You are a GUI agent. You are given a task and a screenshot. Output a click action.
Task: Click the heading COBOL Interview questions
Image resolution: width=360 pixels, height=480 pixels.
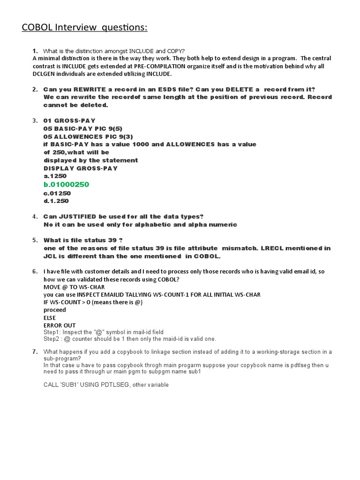tap(84, 28)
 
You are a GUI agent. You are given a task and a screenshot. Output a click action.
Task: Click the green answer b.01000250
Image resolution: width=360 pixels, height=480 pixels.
tap(66, 185)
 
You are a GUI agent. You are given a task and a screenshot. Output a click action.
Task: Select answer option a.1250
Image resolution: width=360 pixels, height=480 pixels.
tap(55, 176)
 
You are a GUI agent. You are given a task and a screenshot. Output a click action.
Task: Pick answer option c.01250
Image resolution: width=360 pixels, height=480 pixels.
tap(57, 193)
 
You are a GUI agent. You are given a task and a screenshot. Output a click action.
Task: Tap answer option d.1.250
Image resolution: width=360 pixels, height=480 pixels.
tap(56, 201)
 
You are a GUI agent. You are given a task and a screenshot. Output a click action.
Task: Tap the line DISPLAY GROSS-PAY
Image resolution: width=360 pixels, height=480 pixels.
tap(81, 168)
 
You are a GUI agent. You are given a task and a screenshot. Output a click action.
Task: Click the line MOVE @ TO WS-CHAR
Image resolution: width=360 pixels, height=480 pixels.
tap(74, 287)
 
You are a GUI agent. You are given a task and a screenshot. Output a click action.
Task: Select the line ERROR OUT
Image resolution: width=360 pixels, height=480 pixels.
tap(60, 325)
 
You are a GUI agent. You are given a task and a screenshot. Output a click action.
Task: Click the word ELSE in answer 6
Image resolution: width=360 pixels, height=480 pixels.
tap(50, 318)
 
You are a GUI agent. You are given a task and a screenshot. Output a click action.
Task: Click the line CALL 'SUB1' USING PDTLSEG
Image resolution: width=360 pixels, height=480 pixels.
tap(106, 385)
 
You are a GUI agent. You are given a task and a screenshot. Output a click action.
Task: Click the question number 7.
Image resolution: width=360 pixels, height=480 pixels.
tap(35, 352)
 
